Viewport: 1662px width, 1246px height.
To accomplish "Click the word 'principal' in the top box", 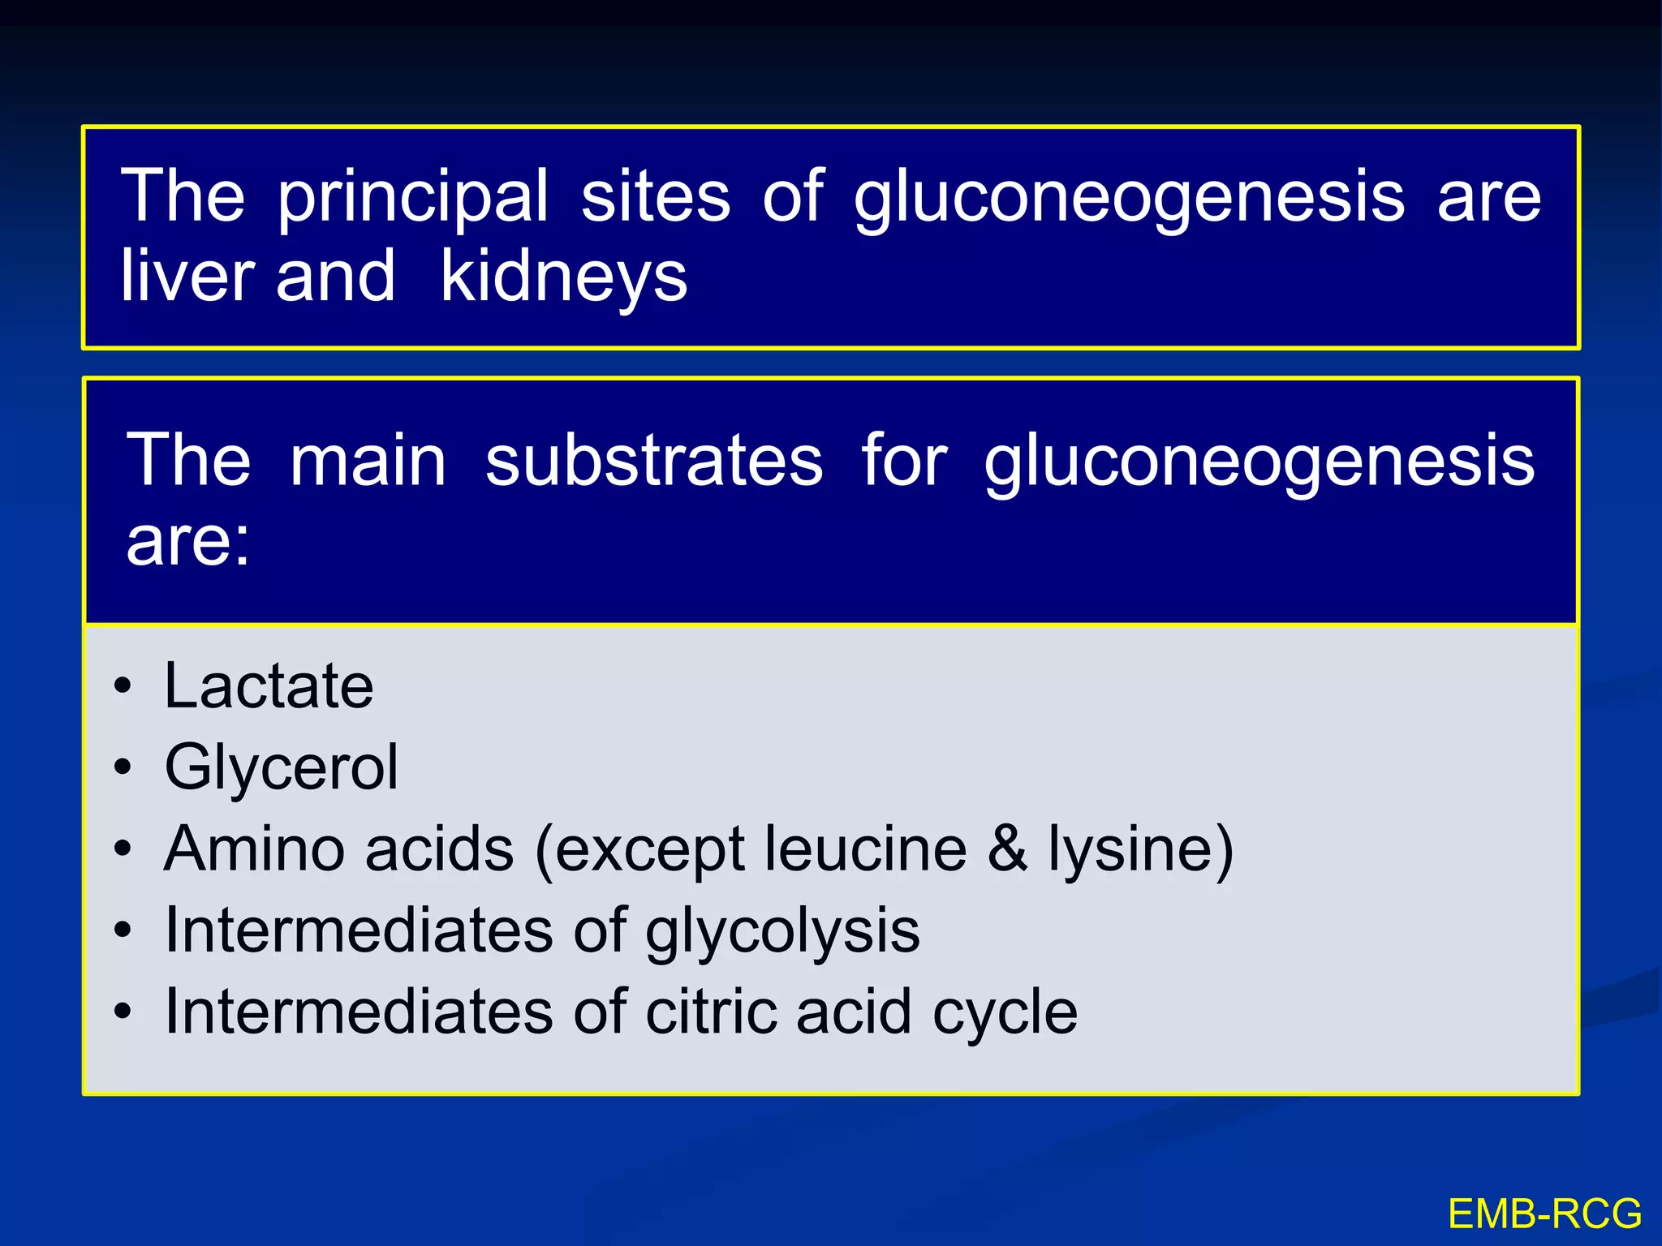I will pos(413,197).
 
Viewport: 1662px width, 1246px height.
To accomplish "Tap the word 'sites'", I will pos(656,197).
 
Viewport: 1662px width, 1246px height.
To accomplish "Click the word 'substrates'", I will pos(654,460).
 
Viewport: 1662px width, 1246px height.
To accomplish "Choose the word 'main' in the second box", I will pos(368,460).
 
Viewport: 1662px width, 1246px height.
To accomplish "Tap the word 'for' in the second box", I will pos(903,460).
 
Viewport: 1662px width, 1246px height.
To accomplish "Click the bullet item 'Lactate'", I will pos(269,686).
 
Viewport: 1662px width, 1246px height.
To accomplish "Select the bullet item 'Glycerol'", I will pos(281,767).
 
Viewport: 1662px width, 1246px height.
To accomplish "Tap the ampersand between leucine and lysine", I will pos(1007,849).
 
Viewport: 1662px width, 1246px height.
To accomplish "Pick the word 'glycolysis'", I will pos(782,931).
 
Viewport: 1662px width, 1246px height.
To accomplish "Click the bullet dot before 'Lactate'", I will pos(123,686).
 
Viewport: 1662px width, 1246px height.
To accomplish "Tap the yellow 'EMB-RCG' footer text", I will pos(1544,1214).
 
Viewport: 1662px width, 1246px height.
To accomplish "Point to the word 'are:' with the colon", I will pos(188,541).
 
